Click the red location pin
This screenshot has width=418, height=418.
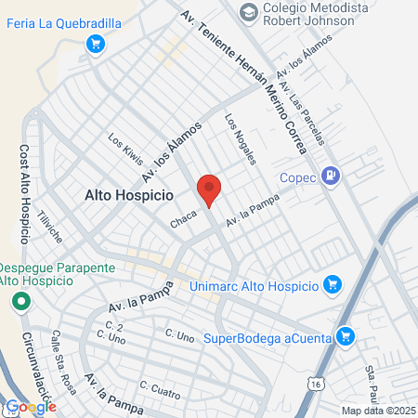(x=209, y=189)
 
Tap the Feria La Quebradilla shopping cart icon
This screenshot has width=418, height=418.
(x=94, y=43)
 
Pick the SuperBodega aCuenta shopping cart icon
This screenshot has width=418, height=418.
(x=346, y=335)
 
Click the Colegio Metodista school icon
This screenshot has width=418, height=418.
(x=249, y=12)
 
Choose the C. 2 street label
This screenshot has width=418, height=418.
(x=115, y=326)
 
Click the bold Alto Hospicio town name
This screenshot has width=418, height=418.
(x=129, y=196)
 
